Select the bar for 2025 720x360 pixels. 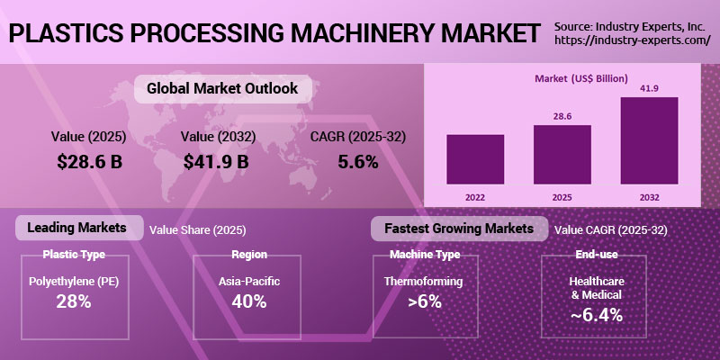click(562, 153)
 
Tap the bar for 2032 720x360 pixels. click(648, 139)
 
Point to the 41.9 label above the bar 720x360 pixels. click(648, 88)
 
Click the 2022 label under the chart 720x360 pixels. click(475, 195)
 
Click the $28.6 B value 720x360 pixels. click(89, 162)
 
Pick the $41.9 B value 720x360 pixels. click(215, 162)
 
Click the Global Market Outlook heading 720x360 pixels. click(216, 88)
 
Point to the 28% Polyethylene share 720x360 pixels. click(74, 301)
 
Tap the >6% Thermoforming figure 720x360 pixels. click(425, 301)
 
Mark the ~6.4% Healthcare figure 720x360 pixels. click(597, 315)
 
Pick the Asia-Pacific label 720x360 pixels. click(249, 282)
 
